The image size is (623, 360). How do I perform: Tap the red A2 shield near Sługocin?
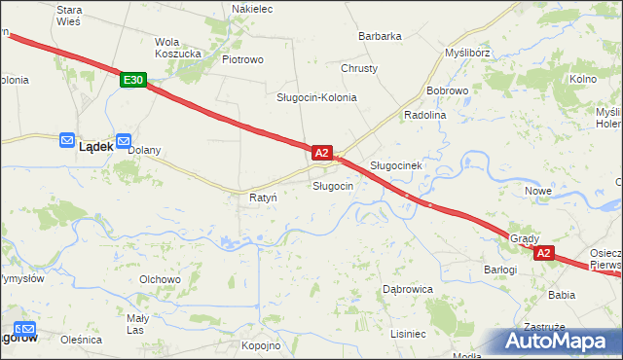323,153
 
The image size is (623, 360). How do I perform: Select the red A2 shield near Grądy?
543,253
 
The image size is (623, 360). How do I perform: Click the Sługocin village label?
332,185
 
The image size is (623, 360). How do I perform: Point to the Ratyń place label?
263,198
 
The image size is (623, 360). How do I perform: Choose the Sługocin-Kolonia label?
316,98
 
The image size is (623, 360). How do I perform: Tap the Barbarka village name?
380,36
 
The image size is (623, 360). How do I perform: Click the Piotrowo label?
243,59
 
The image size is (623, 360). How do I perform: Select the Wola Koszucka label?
178,48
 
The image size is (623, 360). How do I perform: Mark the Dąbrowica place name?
407,289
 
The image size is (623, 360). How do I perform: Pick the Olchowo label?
161,279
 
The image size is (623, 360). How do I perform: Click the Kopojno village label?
261,345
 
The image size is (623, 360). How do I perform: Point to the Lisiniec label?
408,334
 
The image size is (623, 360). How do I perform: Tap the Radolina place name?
424,114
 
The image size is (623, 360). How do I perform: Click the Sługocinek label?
395,165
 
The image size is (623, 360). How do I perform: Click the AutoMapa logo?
556,342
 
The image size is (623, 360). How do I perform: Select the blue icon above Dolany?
124,140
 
